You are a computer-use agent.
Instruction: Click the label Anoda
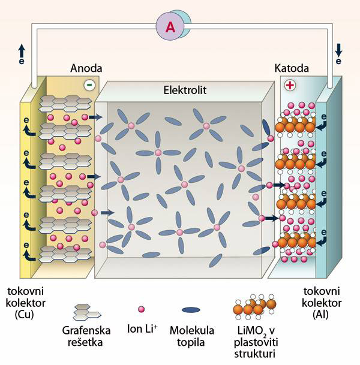click(x=86, y=68)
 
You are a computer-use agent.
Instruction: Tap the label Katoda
click(x=291, y=68)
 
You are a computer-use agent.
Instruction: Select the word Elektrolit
click(x=185, y=92)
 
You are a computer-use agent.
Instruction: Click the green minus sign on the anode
click(x=89, y=85)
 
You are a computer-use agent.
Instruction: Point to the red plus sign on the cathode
click(x=290, y=86)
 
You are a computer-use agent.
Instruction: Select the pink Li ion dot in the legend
click(x=142, y=309)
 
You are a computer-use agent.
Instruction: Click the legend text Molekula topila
click(x=192, y=336)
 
